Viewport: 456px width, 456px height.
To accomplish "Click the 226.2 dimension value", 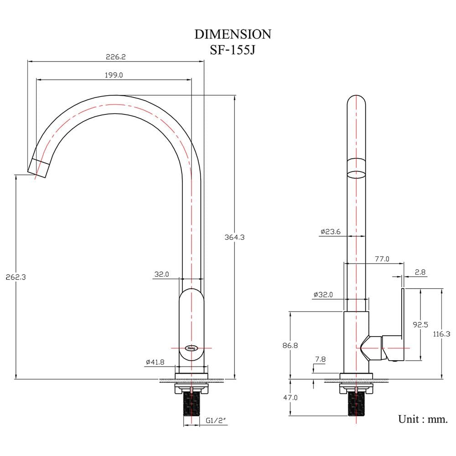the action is [115, 57].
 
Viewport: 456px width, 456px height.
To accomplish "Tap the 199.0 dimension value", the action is [114, 75].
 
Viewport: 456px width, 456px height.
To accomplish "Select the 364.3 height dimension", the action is [234, 237].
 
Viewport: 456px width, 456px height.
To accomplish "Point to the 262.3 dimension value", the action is [16, 277].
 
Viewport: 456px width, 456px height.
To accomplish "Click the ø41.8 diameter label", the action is [155, 362].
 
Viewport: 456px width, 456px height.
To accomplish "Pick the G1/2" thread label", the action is [216, 420].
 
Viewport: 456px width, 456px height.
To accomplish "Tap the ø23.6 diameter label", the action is [330, 232].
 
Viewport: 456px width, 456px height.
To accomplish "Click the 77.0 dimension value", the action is [382, 259].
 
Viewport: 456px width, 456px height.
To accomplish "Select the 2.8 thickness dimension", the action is [420, 272].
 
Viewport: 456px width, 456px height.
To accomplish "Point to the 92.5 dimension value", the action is [420, 325].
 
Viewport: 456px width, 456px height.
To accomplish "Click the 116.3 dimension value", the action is [441, 334].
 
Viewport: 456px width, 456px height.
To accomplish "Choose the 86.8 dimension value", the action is [290, 346].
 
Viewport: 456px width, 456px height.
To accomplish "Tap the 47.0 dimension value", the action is [290, 397].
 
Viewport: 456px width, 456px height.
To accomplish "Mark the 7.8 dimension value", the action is [320, 359].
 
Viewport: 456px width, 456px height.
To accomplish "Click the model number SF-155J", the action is [233, 50].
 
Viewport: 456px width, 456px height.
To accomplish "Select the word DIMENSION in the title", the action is [233, 34].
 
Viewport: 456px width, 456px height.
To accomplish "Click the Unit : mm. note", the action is [423, 419].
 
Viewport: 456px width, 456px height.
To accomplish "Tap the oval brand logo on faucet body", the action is [192, 348].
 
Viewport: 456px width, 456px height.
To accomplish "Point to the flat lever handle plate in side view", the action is [403, 325].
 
